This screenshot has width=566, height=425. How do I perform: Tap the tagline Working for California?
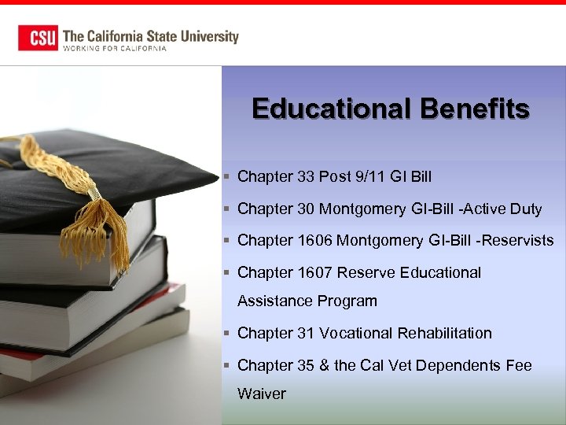tap(115, 49)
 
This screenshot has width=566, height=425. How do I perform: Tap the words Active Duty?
tap(503, 209)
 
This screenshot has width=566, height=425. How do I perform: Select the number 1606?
tap(316, 240)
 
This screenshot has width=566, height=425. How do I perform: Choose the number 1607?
tap(316, 272)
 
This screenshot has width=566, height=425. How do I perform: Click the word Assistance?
tap(275, 301)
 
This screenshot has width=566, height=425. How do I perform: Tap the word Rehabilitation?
tap(445, 333)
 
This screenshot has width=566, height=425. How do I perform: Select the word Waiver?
tap(262, 394)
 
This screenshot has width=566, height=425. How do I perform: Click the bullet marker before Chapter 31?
tap(226, 334)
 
